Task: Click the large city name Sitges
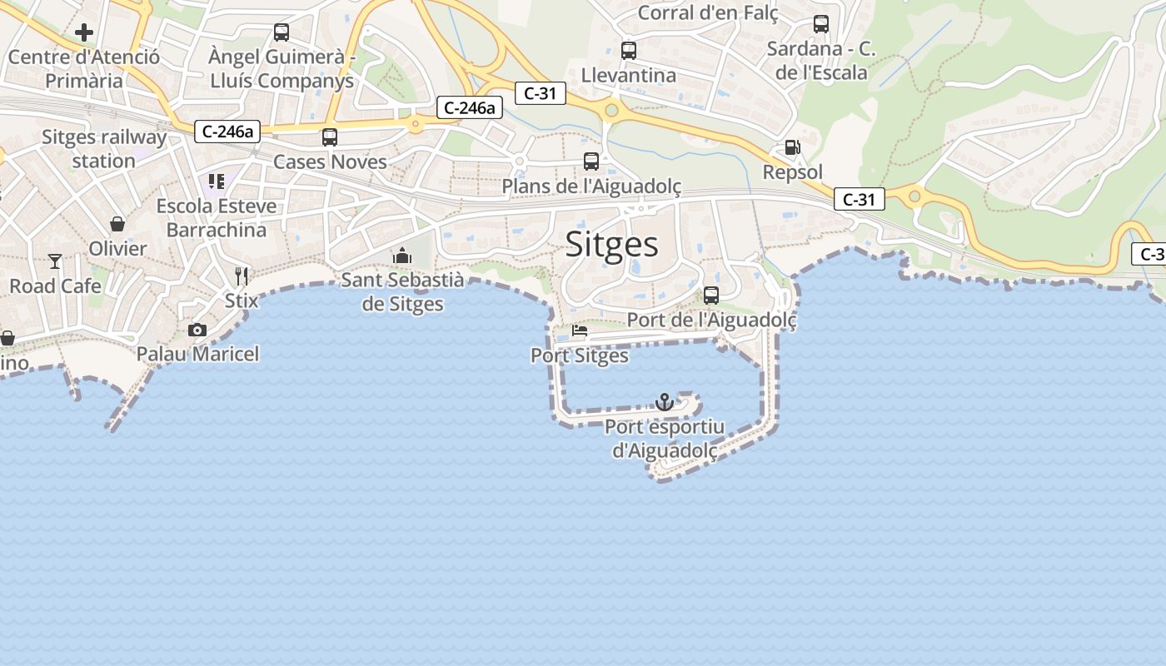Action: click(612, 244)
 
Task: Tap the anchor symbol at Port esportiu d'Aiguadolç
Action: click(664, 402)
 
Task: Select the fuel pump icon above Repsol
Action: click(792, 148)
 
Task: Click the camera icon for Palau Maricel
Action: click(197, 330)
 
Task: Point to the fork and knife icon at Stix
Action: click(242, 275)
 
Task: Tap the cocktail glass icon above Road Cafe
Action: click(55, 261)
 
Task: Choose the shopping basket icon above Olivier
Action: click(117, 224)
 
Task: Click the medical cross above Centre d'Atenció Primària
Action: click(83, 32)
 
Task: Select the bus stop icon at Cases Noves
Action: click(330, 137)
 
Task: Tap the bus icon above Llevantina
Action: click(629, 51)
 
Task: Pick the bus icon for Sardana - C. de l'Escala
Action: click(821, 24)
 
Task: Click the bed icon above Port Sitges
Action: click(580, 331)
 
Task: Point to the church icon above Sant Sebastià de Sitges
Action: click(402, 256)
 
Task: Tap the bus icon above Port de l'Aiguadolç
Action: click(711, 295)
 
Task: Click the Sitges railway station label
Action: click(104, 149)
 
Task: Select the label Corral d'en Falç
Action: click(708, 12)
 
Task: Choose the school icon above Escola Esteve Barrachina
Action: click(217, 181)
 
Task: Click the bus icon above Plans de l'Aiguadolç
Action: click(591, 162)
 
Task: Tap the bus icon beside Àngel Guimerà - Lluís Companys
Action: click(282, 32)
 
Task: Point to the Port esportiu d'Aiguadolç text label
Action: click(665, 439)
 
